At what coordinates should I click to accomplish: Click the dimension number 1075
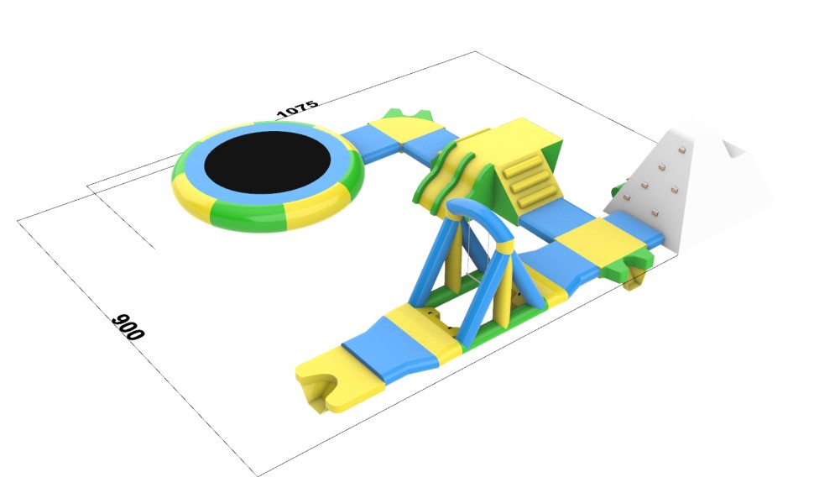tap(297, 108)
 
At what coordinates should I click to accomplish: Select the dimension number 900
tap(128, 327)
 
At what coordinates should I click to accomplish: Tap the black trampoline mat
tap(268, 162)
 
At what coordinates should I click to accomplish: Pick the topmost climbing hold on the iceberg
tap(681, 150)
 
